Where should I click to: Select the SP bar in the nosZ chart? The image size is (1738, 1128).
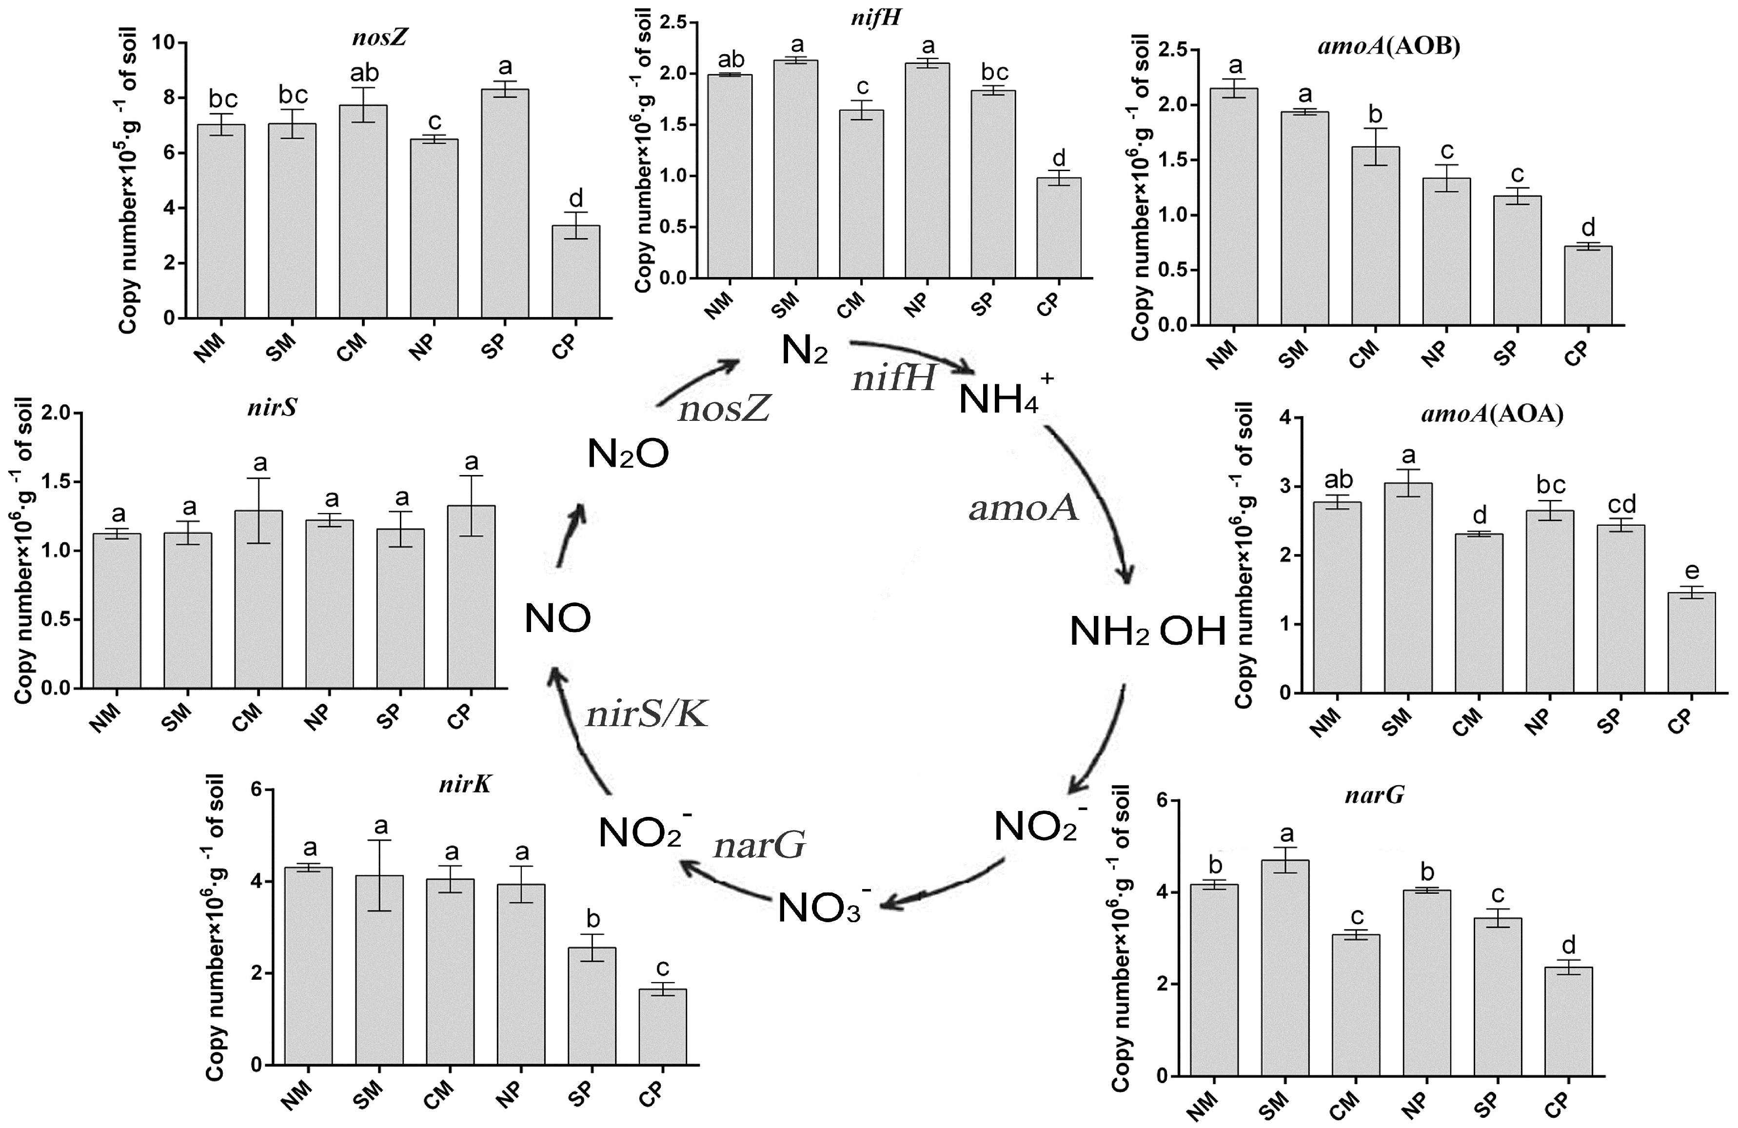(x=505, y=204)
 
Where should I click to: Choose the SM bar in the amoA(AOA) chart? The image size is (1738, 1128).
(x=1408, y=588)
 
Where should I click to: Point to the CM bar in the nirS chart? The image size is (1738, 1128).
(x=258, y=599)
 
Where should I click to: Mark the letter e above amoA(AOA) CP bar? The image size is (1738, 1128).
(x=1691, y=571)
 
